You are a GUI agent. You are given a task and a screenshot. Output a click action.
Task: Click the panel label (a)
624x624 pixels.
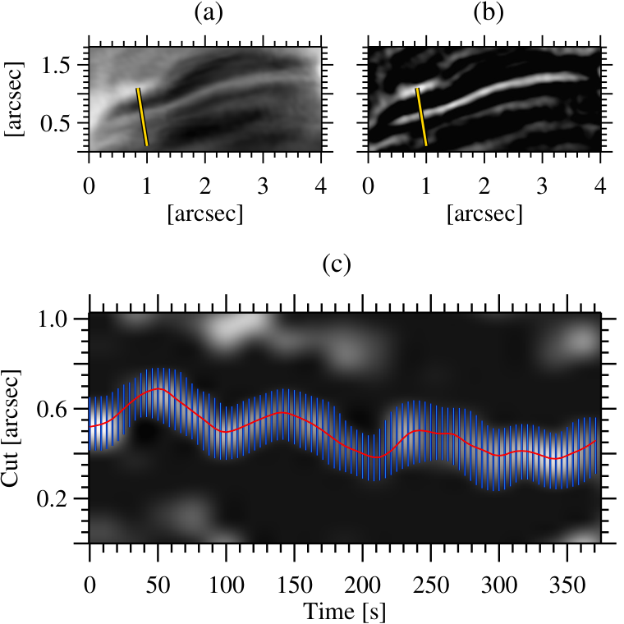(209, 13)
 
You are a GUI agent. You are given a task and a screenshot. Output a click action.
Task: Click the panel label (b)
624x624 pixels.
(489, 13)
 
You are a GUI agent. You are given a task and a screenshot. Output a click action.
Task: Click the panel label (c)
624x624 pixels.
(337, 265)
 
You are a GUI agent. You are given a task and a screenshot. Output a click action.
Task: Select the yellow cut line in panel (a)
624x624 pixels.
(142, 117)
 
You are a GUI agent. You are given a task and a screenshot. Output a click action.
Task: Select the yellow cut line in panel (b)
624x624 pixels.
(421, 117)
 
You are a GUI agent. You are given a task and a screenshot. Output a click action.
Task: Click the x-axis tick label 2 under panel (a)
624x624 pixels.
(205, 186)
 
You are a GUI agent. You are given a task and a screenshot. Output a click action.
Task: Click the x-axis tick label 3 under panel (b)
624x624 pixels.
(542, 186)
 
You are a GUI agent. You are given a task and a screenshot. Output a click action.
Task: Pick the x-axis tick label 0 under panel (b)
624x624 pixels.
(369, 186)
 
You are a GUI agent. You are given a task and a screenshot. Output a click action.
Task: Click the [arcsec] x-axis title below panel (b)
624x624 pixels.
(484, 213)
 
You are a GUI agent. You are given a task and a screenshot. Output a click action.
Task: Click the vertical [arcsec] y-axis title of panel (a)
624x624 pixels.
(14, 99)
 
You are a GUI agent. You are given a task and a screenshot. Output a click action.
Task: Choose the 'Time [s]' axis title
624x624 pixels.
(345, 612)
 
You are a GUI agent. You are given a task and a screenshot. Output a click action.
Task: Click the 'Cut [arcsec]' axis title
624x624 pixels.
(11, 429)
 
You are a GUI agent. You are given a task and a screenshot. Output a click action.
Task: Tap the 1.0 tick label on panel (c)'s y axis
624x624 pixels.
(53, 319)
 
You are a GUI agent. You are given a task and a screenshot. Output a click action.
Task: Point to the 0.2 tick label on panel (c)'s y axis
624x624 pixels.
(53, 498)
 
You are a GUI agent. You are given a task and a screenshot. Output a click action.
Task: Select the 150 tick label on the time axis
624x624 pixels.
(295, 585)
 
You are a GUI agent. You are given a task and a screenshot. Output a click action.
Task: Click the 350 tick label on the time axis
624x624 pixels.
(567, 585)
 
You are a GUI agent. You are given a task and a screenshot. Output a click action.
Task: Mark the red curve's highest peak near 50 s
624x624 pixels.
(158, 388)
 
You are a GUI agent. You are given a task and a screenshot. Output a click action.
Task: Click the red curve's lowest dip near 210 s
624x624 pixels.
(376, 457)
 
